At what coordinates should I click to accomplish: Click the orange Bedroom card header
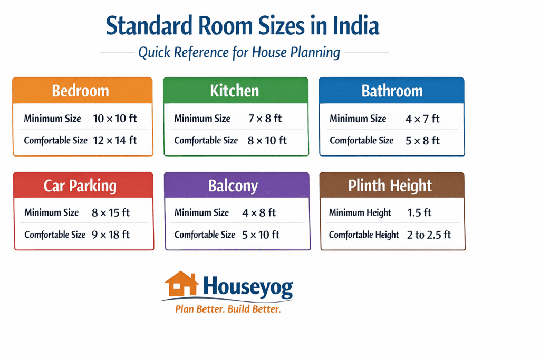pos(82,90)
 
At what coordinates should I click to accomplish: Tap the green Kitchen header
pos(235,90)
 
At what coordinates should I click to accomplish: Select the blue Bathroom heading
pos(392,91)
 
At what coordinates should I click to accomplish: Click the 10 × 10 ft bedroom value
pos(114,119)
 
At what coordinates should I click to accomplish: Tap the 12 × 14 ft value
pos(114,140)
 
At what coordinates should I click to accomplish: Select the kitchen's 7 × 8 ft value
pos(265,119)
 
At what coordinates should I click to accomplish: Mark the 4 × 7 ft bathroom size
pos(422,119)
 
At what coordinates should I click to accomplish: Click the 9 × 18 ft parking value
pos(110,234)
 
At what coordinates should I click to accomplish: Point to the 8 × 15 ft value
pos(110,213)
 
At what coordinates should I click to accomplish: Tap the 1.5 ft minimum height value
pos(419,213)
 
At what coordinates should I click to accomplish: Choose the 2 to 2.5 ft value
pos(429,235)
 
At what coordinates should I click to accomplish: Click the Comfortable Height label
pos(363,235)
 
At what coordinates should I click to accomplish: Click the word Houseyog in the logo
pos(247,287)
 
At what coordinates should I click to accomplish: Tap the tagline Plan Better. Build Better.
pos(228,309)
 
